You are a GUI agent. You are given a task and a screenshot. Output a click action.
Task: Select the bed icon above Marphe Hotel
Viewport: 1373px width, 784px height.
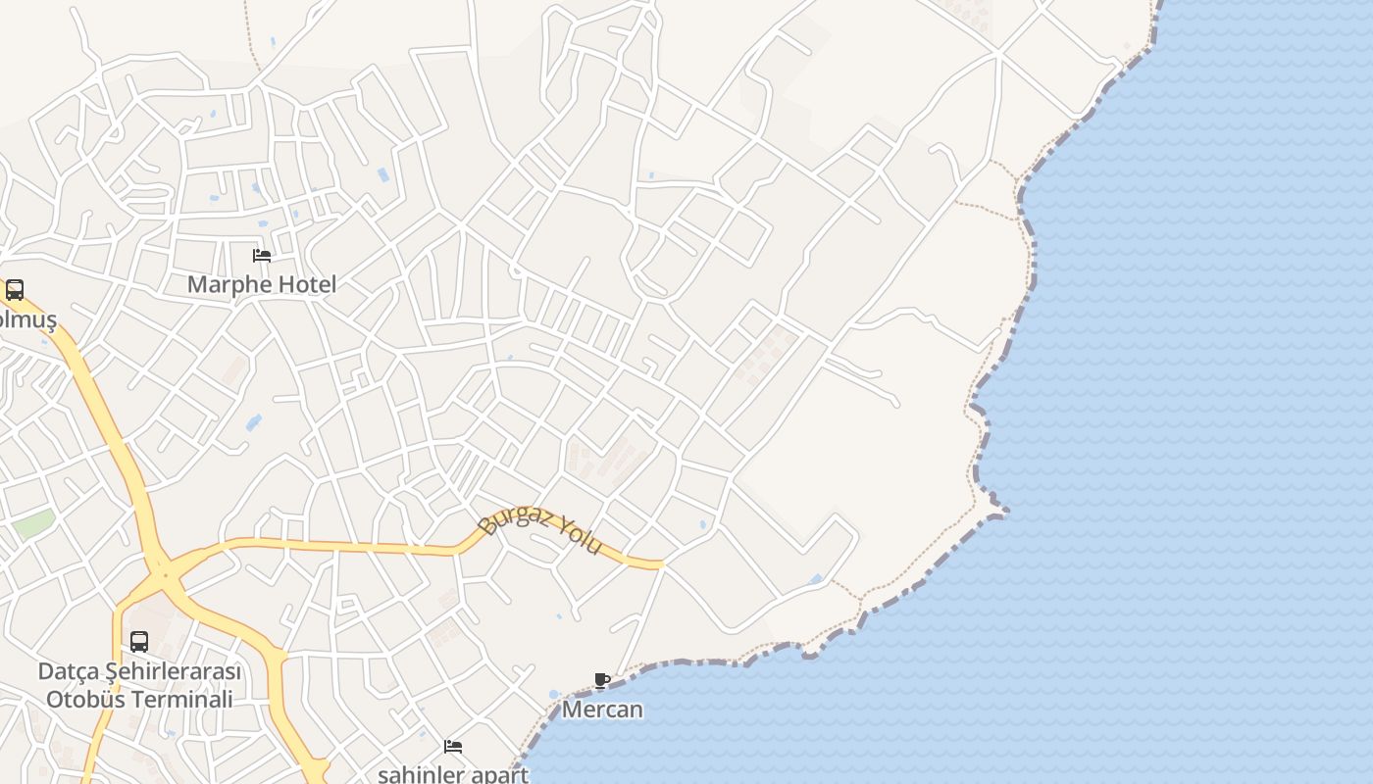tap(262, 256)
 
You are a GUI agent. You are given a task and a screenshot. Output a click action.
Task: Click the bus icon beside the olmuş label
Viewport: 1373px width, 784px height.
tap(15, 290)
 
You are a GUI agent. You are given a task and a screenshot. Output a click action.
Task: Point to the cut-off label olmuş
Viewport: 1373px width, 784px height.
tap(27, 320)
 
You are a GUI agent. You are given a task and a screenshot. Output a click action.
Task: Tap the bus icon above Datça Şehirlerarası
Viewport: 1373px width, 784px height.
tap(139, 642)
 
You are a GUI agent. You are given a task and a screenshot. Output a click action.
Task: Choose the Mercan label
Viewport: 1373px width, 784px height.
tap(602, 710)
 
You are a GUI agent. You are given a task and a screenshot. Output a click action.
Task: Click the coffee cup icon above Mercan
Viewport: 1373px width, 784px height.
tap(602, 680)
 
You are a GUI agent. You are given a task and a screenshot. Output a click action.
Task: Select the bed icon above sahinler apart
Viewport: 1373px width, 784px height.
tap(453, 747)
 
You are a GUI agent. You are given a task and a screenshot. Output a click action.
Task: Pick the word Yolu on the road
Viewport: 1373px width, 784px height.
tap(578, 535)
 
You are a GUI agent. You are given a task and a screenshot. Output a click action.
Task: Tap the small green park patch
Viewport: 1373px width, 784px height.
tap(33, 522)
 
